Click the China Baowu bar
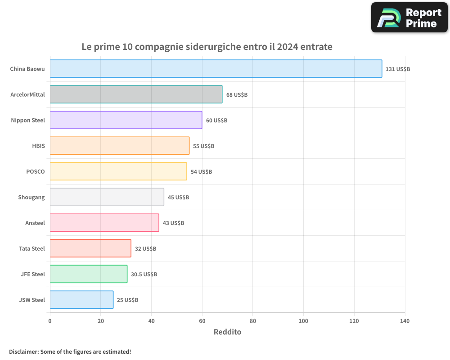(x=216, y=69)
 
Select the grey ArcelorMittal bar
(x=136, y=94)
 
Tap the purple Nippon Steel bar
(x=126, y=120)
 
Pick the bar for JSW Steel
(x=81, y=300)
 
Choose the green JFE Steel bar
(x=89, y=274)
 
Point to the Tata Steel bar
(x=90, y=248)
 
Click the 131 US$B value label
(x=398, y=69)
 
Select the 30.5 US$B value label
(x=144, y=274)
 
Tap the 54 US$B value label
(x=201, y=172)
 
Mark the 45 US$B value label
(x=178, y=198)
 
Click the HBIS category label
(x=39, y=146)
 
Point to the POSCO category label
(x=36, y=171)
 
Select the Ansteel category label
(x=35, y=223)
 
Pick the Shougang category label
(x=31, y=197)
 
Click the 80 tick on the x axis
(x=253, y=321)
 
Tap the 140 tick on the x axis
(x=405, y=321)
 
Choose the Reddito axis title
(x=227, y=332)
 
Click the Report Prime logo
(x=409, y=18)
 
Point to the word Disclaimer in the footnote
(x=23, y=351)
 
